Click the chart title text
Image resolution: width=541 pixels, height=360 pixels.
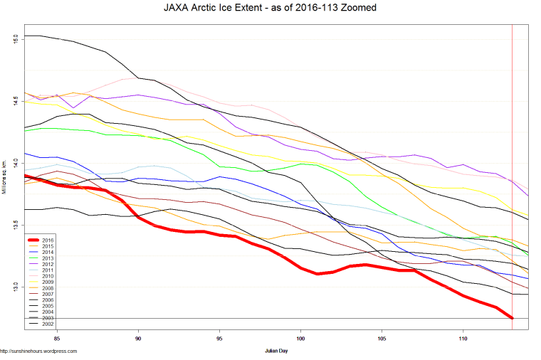tap(270, 9)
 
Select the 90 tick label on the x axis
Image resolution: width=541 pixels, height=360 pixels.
tap(138, 339)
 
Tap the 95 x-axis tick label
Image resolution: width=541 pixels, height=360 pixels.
tap(219, 339)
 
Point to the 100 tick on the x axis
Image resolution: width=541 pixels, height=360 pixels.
tap(300, 339)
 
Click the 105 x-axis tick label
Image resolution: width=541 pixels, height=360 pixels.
tap(382, 339)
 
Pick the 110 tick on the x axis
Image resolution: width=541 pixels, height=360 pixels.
tap(463, 339)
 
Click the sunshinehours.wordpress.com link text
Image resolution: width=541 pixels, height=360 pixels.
tap(38, 351)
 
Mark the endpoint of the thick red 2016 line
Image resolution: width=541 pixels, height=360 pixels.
tap(513, 318)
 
